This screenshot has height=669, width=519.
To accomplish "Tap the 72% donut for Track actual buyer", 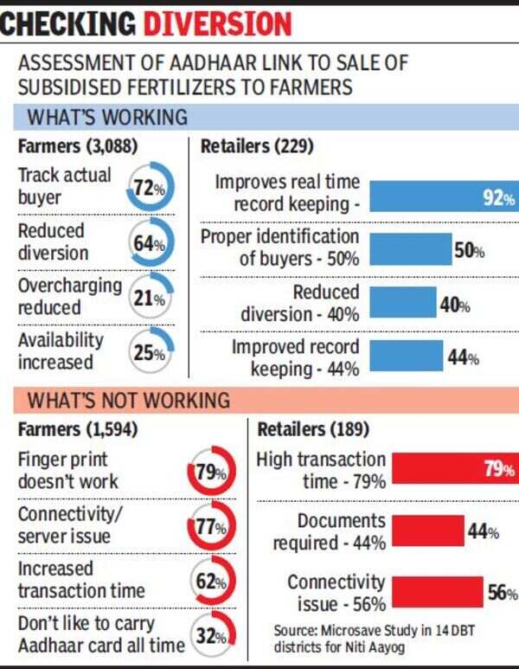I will coord(148,188).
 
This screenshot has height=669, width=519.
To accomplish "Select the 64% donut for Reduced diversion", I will coord(148,243).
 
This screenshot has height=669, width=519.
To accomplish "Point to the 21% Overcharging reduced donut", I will coord(148,298).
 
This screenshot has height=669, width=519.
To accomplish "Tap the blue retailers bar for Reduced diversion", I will coord(403,303).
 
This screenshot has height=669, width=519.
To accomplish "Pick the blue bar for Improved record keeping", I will coord(406,357).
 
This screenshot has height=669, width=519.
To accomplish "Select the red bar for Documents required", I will coord(428,531).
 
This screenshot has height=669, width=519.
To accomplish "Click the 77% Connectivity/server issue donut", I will coord(208,527).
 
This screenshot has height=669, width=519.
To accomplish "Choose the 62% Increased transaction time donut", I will coord(208,582).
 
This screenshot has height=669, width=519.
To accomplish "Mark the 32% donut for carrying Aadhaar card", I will coord(208,637).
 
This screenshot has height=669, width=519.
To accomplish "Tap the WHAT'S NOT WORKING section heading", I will coord(130,400).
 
